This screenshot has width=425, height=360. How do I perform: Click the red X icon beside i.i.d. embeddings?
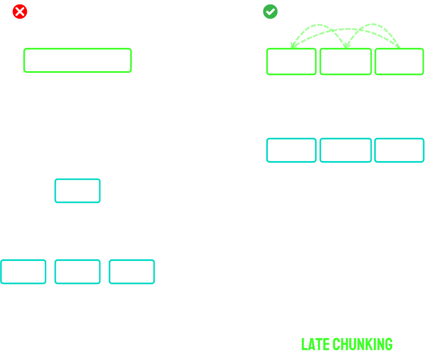point(20,11)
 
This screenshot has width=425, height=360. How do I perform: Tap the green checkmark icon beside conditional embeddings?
point(270,11)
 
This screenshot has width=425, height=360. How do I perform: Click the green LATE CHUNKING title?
point(347,345)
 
